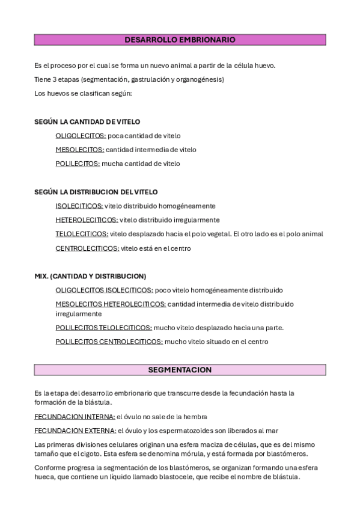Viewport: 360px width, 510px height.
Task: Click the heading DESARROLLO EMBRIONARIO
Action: click(x=180, y=40)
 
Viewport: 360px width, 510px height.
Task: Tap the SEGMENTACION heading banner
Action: click(x=180, y=369)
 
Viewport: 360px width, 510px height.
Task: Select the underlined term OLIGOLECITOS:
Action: click(x=81, y=136)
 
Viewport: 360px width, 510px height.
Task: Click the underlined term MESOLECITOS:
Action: click(x=80, y=150)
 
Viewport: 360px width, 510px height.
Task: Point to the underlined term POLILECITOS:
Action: click(x=78, y=164)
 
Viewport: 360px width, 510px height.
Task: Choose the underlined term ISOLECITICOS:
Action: click(x=79, y=206)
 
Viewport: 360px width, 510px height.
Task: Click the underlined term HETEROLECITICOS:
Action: click(x=87, y=220)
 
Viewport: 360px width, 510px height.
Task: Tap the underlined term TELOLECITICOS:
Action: click(x=82, y=234)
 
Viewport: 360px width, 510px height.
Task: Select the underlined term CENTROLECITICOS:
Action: click(x=87, y=248)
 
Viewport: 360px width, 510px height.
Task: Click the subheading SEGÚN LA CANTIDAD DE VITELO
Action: click(x=87, y=122)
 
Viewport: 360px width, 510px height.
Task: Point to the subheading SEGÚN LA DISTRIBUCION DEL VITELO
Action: click(x=96, y=192)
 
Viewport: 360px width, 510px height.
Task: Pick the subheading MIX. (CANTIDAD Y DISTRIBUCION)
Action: click(x=90, y=276)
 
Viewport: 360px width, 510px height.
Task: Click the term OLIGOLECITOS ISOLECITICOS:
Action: click(x=104, y=290)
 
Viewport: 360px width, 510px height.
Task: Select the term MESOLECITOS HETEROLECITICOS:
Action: click(x=111, y=304)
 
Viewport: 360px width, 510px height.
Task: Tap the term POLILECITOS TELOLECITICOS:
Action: click(x=103, y=328)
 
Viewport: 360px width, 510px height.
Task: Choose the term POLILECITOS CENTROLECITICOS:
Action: click(x=109, y=342)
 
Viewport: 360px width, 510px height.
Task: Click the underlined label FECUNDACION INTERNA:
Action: click(x=75, y=416)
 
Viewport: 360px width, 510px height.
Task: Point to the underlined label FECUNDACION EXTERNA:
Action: click(x=75, y=431)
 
